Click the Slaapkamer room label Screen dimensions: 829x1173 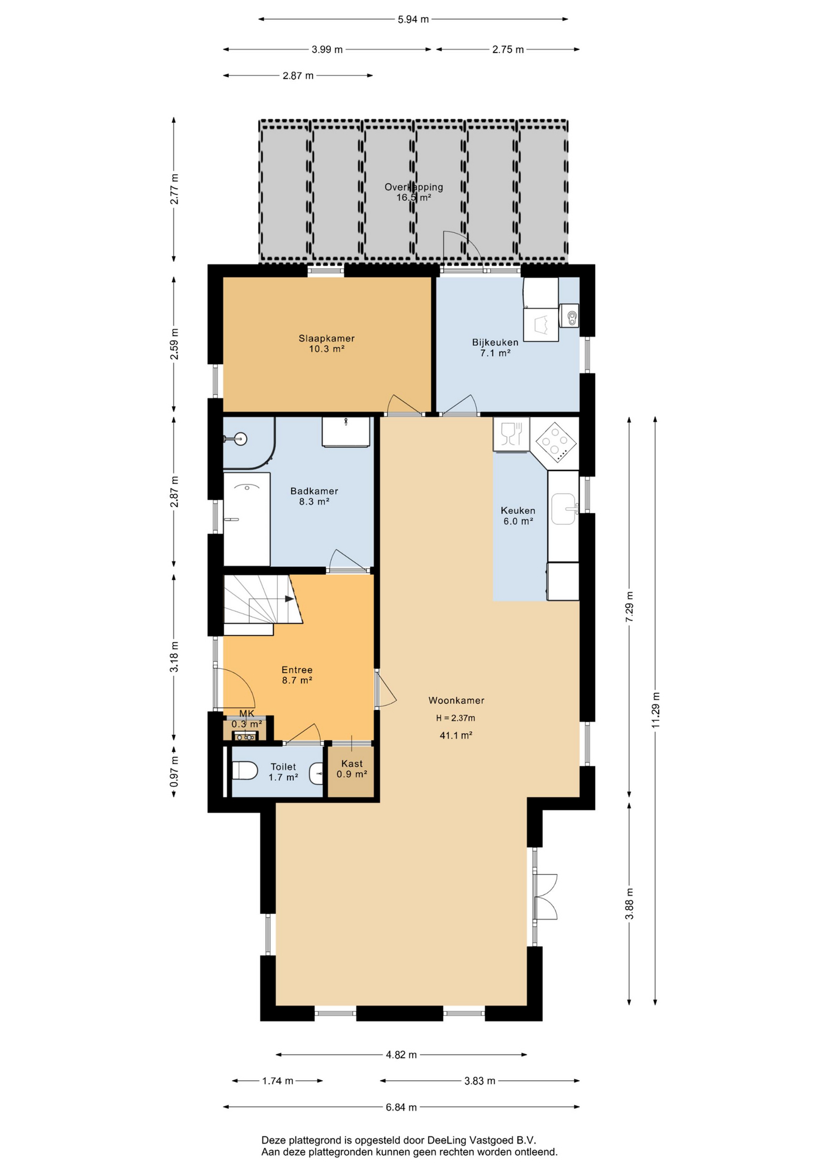click(x=327, y=338)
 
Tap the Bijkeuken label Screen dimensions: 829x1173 click(x=495, y=343)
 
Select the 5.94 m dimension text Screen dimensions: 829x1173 click(x=413, y=20)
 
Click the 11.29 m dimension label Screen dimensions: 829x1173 click(x=656, y=710)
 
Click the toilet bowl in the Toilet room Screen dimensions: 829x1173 click(x=245, y=770)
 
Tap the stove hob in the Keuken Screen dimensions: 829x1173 click(x=556, y=442)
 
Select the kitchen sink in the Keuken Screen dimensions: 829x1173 click(x=564, y=509)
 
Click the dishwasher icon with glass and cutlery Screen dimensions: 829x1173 click(x=511, y=434)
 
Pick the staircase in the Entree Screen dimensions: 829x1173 click(x=263, y=605)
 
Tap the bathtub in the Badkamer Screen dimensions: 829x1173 click(x=247, y=519)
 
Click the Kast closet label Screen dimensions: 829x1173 click(x=352, y=764)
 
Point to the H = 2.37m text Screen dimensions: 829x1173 click(x=455, y=718)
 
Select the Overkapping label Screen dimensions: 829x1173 click(x=414, y=188)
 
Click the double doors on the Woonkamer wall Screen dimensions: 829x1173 click(x=545, y=896)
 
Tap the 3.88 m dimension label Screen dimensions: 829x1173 click(x=629, y=903)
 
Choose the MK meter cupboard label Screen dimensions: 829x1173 click(x=247, y=714)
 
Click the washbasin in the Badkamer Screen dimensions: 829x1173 click(x=346, y=432)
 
